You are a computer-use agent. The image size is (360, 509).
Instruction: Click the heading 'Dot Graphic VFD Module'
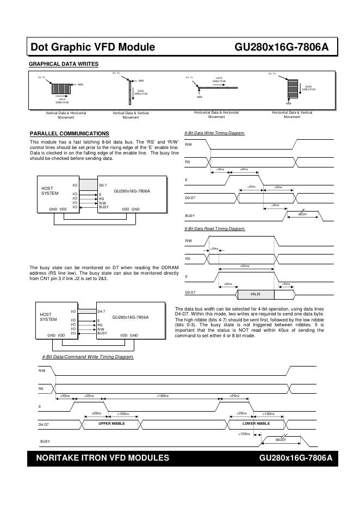tap(93, 47)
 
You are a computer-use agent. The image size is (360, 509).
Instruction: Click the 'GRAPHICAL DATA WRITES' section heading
tap(63, 64)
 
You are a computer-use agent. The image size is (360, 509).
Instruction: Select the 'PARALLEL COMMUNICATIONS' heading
tap(69, 133)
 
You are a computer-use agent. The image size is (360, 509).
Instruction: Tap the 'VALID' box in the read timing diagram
tap(255, 294)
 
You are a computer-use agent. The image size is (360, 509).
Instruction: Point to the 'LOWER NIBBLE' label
tap(256, 423)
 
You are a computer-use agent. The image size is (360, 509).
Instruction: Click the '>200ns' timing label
tap(244, 266)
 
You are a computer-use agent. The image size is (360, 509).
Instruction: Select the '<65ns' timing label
tap(228, 284)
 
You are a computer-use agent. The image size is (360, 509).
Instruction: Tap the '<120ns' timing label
tap(244, 434)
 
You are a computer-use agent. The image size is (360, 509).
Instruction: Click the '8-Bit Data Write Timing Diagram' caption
tap(215, 133)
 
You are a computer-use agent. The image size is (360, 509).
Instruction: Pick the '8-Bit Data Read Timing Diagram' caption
tap(215, 229)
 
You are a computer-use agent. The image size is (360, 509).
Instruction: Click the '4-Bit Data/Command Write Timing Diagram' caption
tap(88, 357)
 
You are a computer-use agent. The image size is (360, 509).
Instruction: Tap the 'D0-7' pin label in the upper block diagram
tap(103, 185)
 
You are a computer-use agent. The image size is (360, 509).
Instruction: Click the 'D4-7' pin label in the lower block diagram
tap(101, 311)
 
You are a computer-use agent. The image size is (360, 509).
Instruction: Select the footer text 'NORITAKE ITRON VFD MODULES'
tap(102, 458)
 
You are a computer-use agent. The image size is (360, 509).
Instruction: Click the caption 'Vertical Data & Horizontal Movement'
tap(66, 115)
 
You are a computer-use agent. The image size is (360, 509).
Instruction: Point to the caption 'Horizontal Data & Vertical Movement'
tap(292, 114)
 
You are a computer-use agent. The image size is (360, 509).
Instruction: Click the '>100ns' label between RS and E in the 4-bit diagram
tap(163, 395)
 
